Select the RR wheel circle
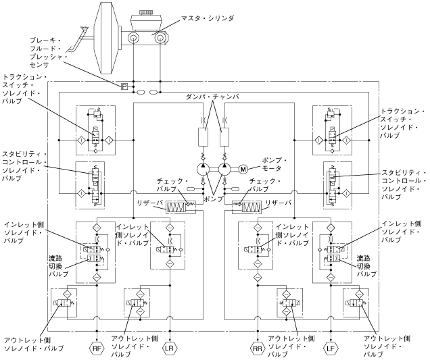point(258,349)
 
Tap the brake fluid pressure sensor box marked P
point(124,86)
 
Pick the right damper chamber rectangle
point(227,138)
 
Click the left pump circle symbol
point(204,168)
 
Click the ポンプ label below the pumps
point(216,201)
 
